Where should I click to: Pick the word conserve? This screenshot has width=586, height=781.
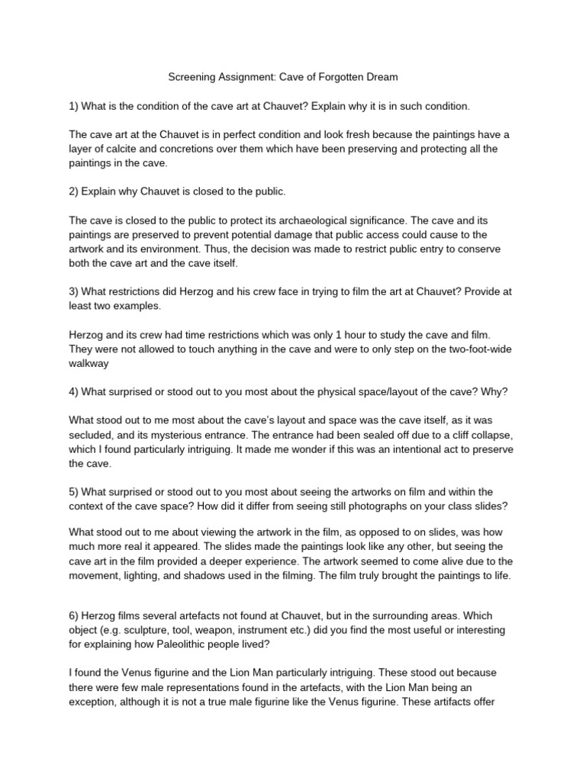pos(467,249)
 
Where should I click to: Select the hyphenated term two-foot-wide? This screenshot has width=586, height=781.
pos(476,348)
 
